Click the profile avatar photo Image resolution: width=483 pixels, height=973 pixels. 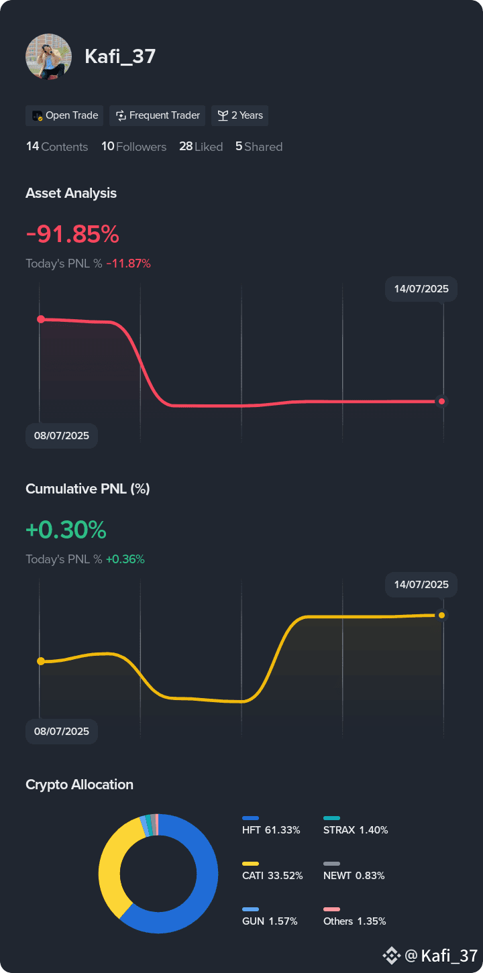click(49, 56)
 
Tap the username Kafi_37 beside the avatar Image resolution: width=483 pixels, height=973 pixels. click(120, 56)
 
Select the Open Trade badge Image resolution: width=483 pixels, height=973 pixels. click(64, 115)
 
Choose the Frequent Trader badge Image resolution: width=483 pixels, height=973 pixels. click(157, 115)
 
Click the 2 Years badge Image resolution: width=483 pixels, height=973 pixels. click(239, 115)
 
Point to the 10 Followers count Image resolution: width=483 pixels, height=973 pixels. click(133, 147)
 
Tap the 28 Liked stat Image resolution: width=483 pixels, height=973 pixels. click(201, 147)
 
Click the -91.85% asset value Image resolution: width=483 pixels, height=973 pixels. click(72, 234)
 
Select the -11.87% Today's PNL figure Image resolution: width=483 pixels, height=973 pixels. click(129, 264)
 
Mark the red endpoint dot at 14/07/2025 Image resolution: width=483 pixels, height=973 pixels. click(441, 402)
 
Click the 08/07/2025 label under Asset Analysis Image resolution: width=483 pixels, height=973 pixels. click(62, 436)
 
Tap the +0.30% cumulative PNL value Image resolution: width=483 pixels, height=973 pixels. click(66, 530)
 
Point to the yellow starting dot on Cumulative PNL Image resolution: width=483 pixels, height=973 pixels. click(41, 661)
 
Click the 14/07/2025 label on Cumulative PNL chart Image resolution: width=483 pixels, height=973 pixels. click(421, 585)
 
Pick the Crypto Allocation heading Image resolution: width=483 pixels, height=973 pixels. click(79, 785)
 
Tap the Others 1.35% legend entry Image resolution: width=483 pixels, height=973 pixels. click(354, 917)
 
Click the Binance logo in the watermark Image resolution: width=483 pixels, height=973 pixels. click(391, 956)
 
